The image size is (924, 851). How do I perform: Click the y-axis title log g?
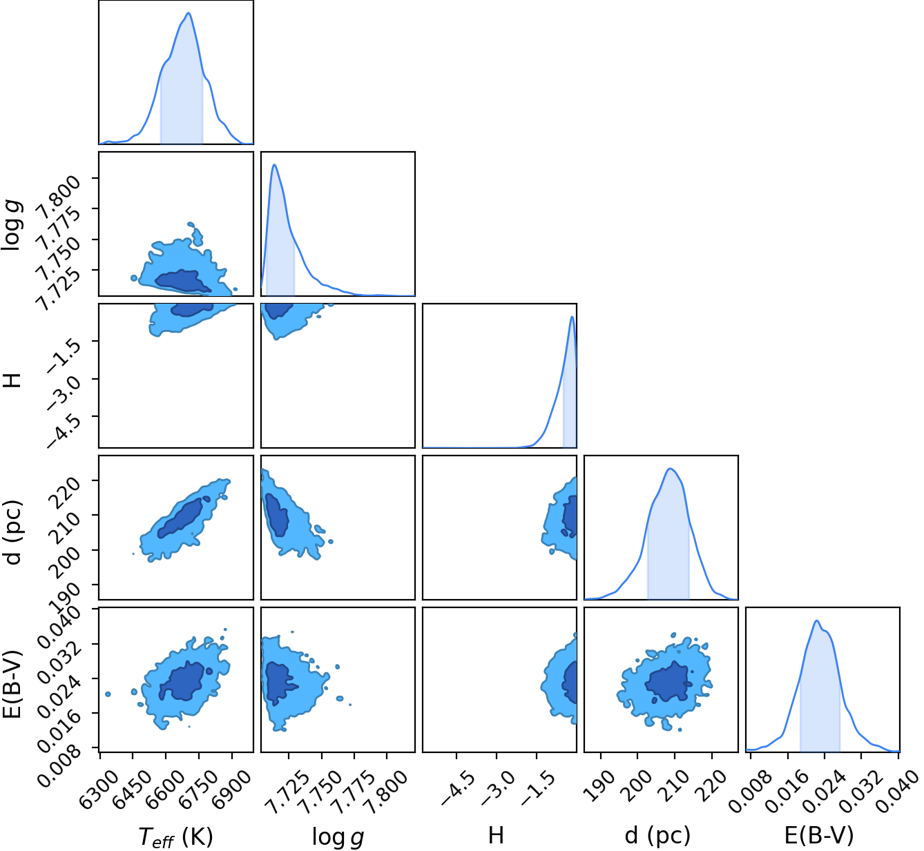pos(12,224)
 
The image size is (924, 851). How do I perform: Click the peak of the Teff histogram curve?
pos(189,13)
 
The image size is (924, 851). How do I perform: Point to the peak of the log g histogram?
pos(275,164)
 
